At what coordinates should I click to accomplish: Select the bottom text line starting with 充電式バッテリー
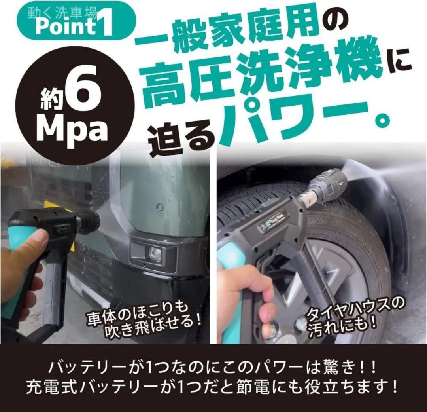click(213, 386)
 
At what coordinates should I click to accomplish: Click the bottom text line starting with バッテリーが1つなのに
click(213, 366)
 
